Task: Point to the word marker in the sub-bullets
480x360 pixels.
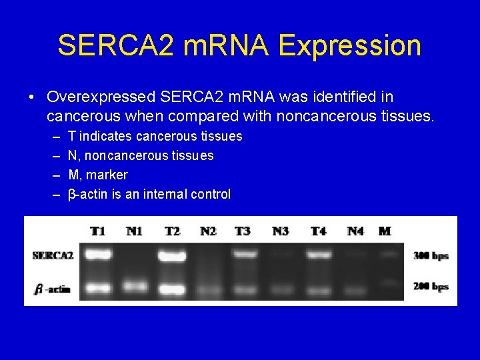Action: [107, 175]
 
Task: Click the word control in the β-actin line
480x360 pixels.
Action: [210, 194]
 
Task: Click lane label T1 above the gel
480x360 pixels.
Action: [98, 231]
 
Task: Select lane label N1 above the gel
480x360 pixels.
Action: [134, 231]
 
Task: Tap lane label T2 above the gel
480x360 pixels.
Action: [172, 231]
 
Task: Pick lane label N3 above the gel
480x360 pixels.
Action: [281, 231]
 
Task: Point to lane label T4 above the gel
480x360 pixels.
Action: [318, 231]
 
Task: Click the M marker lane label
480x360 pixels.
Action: [385, 231]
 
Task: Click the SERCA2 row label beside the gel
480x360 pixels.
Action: [53, 255]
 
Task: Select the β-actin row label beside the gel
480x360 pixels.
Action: [53, 289]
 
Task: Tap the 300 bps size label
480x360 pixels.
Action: [431, 255]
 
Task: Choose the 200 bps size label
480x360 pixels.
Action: [431, 287]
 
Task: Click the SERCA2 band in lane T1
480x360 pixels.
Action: [98, 254]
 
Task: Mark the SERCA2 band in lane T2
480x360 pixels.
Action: [173, 254]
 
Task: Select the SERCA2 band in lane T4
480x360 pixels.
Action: [319, 254]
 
